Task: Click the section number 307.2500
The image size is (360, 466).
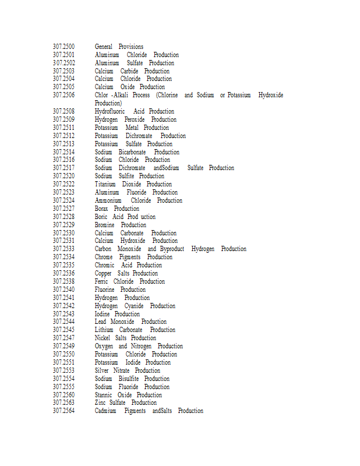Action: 63,47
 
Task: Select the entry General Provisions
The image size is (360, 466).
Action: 119,47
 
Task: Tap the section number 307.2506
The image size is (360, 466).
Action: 63,95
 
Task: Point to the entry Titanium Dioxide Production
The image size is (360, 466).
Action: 133,184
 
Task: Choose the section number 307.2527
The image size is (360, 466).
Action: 63,209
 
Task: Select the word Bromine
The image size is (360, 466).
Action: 105,225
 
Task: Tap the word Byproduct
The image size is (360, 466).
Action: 172,249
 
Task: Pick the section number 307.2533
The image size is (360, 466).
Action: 63,249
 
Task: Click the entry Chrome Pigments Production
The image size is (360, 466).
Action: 133,257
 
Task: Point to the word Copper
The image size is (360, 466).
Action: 103,273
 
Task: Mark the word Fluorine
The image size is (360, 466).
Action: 105,290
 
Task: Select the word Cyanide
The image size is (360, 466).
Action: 133,306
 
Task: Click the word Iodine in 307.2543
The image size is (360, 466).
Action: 102,314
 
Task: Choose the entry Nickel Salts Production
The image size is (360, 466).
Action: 125,338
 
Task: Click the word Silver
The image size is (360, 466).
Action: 102,370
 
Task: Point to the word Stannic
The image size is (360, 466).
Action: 103,395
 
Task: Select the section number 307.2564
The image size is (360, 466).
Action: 63,411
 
